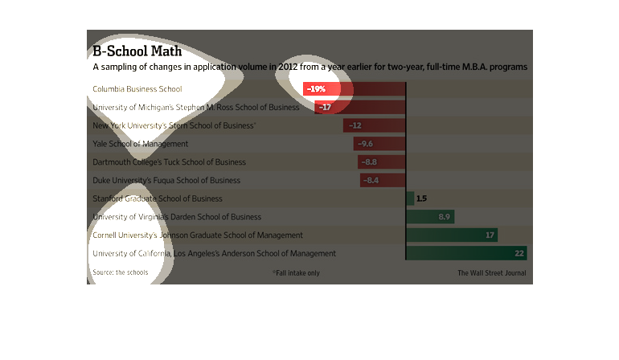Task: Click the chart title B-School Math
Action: [137, 51]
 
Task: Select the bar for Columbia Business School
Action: [355, 88]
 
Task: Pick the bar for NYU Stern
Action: [375, 125]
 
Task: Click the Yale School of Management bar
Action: [379, 144]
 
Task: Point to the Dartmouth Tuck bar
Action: [382, 162]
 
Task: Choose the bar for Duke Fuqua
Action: [383, 180]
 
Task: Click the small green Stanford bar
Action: [410, 198]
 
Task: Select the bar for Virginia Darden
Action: [430, 217]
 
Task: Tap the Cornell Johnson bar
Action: [452, 235]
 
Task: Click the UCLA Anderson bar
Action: [466, 253]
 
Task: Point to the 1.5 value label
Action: [421, 198]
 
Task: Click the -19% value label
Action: [316, 88]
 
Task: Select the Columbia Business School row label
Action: [137, 88]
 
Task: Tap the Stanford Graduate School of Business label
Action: [158, 198]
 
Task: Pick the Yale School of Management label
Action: [141, 144]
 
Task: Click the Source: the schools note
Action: [121, 273]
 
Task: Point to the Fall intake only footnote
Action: [296, 273]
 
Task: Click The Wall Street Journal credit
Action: [492, 273]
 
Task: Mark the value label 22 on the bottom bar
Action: [519, 253]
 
